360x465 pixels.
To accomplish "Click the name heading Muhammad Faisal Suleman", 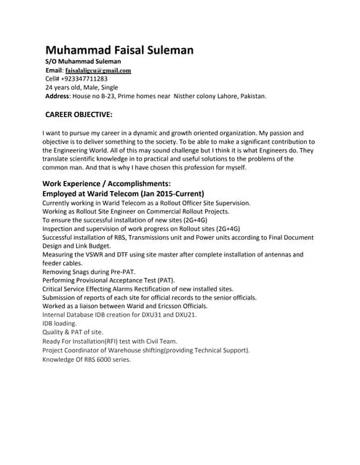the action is click(x=119, y=50).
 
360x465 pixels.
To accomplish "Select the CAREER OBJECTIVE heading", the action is click(x=79, y=114).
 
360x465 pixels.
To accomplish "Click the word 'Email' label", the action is click(x=54, y=70).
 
